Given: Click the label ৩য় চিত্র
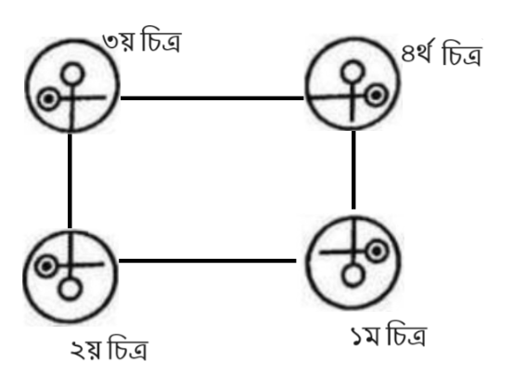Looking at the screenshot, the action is coord(142,43).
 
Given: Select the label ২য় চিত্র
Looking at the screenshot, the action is coord(109,348).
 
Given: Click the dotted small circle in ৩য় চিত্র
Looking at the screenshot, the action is coord(48,98).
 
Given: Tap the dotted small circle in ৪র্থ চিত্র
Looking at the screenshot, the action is coord(377,95).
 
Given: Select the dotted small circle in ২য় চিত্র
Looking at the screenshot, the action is coord(46,266).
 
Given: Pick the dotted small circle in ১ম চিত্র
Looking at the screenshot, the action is coord(378,252).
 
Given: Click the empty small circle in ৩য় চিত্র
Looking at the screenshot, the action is coord(72,73).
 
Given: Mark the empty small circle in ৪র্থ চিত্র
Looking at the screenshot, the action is coord(352,71).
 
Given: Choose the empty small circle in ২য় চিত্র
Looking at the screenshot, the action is coord(70,290).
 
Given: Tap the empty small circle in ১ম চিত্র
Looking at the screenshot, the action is coord(353,276).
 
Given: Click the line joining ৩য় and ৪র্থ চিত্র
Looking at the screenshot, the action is coord(212,97).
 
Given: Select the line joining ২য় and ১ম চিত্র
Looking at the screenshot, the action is coord(208,261).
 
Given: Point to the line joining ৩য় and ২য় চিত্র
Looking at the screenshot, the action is coord(70,181).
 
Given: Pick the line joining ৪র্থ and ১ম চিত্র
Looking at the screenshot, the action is coord(353,170).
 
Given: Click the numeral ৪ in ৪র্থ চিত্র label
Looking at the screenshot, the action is coord(408,55).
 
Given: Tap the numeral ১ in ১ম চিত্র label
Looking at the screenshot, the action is coord(358,338).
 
